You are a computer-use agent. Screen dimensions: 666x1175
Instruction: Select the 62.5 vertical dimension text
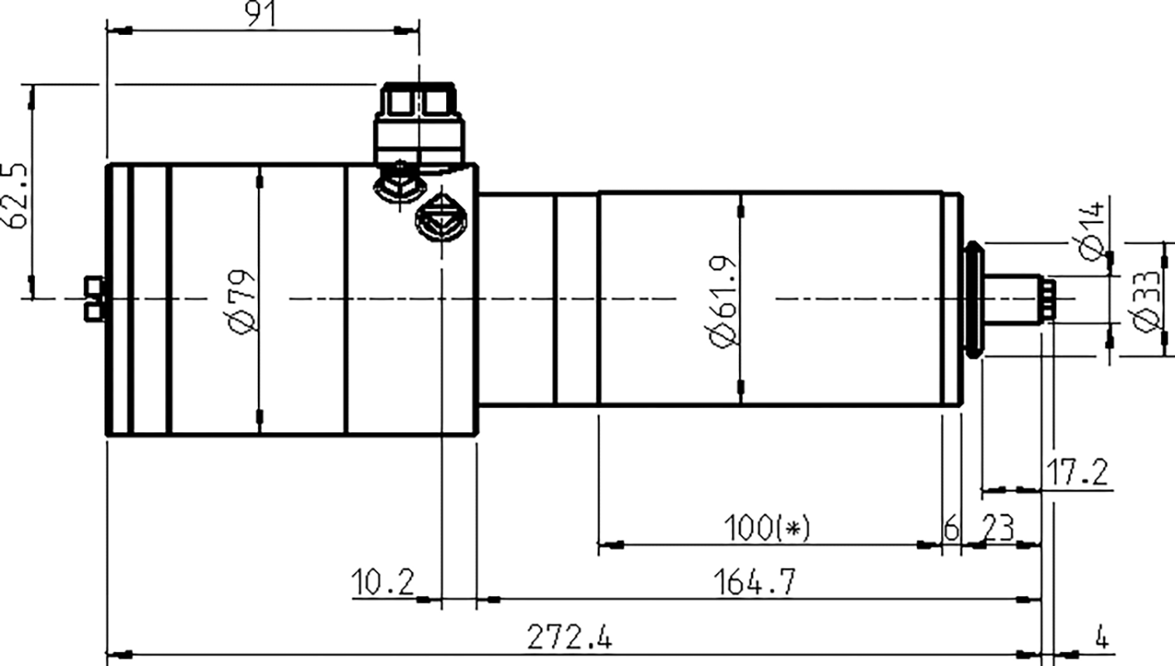point(18,195)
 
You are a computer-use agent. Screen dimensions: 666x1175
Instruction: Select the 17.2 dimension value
point(1077,474)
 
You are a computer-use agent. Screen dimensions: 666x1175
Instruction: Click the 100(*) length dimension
point(766,527)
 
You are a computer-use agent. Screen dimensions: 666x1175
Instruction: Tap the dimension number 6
point(951,527)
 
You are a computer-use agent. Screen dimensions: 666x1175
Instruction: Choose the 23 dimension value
point(998,527)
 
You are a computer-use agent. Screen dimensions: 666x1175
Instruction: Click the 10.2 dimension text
point(382,581)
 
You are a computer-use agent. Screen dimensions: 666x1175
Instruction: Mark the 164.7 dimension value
point(754,581)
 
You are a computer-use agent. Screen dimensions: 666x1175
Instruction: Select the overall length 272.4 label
point(570,638)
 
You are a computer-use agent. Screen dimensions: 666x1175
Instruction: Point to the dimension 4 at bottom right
point(1101,638)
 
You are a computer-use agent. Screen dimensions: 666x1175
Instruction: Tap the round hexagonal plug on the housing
point(441,216)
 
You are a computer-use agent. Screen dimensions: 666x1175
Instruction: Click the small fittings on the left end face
point(95,298)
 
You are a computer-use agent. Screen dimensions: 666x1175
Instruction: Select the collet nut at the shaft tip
point(1048,299)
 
